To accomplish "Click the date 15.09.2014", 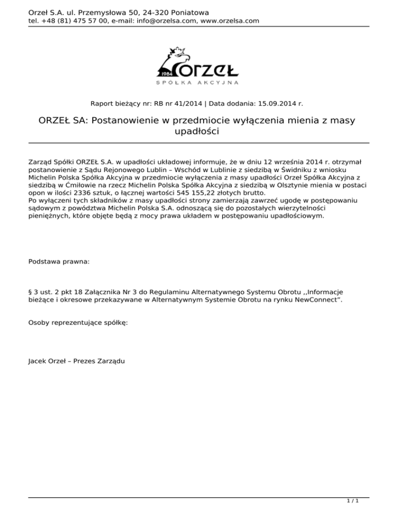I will tap(280, 103).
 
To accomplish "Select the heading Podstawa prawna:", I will tap(59, 262).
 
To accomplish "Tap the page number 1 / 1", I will tap(353, 502).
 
